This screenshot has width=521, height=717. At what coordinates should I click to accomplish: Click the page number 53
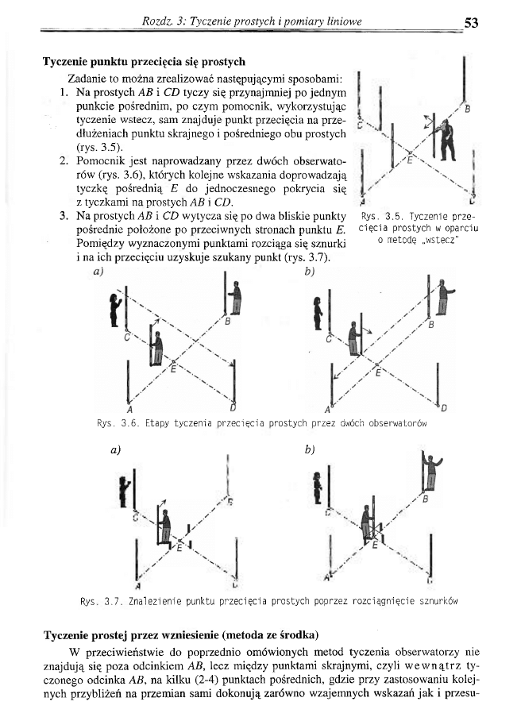pos(470,22)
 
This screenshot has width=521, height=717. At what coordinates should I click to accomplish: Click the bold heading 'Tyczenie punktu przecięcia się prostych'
pos(144,61)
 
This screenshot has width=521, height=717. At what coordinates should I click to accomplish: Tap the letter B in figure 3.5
pos(467,109)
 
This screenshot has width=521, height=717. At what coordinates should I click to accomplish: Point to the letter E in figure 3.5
pos(410,159)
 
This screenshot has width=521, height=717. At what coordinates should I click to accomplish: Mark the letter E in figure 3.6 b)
pos(378,372)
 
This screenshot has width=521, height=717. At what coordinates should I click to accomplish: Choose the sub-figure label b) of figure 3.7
pos(310,450)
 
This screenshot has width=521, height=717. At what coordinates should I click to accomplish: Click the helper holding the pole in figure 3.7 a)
pos(165,526)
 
